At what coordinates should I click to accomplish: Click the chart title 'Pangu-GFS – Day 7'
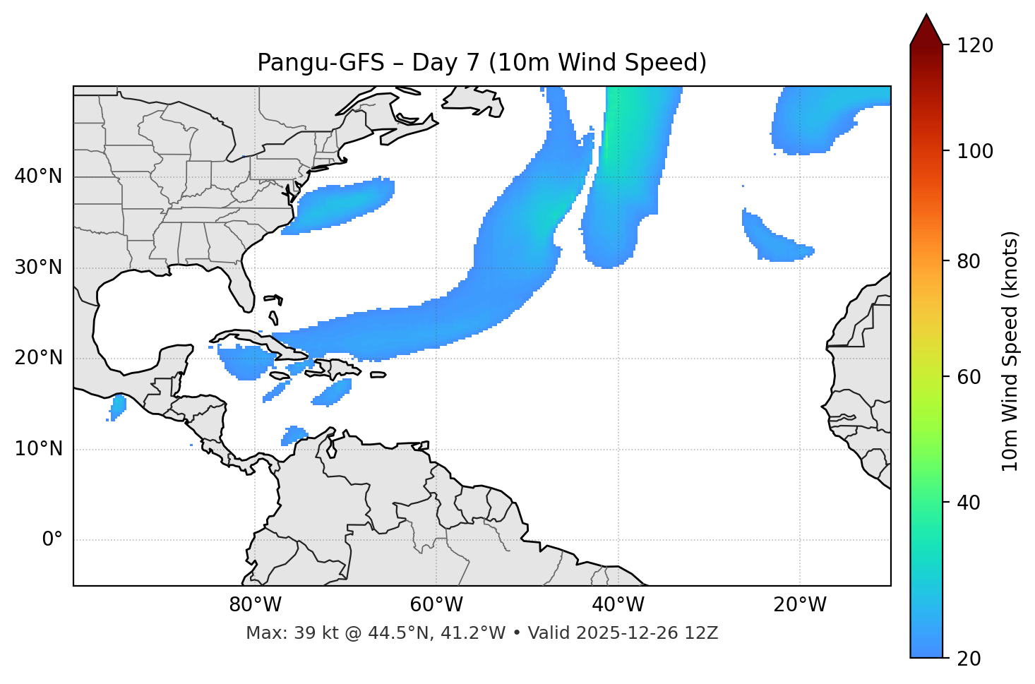pos(481,63)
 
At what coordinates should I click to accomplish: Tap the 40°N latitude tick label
pos(38,176)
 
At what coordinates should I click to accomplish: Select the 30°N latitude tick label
pos(38,268)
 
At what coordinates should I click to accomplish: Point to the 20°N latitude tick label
pos(38,358)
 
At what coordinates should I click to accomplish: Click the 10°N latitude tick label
pos(38,449)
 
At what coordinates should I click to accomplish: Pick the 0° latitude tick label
pos(52,540)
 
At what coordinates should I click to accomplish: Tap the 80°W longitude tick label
pos(255,605)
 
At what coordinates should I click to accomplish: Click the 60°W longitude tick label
pos(436,605)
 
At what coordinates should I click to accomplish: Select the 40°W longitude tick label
pos(618,605)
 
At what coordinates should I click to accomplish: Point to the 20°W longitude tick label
pos(799,605)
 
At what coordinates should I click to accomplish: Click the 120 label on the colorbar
pos(975,46)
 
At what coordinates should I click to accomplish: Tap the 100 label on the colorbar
pos(975,151)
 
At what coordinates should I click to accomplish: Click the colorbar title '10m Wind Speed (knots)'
pos(1010,351)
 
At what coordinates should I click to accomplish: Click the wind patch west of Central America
pos(117,407)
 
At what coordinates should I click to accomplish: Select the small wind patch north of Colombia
pos(294,435)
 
